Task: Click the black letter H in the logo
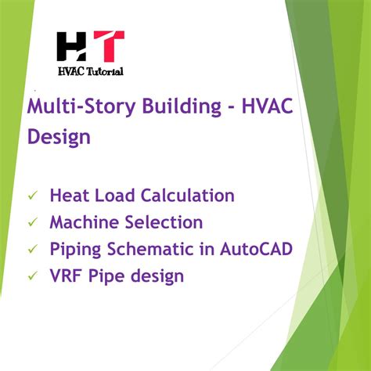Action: pyautogui.click(x=73, y=48)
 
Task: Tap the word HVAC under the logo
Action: pyautogui.click(x=71, y=70)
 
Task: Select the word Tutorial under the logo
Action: pyautogui.click(x=104, y=70)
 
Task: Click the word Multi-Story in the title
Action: pyautogui.click(x=76, y=108)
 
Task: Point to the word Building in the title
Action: pyautogui.click(x=170, y=107)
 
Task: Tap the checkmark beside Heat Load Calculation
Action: pyautogui.click(x=32, y=196)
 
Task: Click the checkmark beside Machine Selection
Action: pyautogui.click(x=32, y=223)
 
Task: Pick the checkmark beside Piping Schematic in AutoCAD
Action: pyautogui.click(x=32, y=250)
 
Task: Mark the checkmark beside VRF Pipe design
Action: pyautogui.click(x=32, y=276)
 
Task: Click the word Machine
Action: pyautogui.click(x=85, y=222)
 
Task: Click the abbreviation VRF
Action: pyautogui.click(x=66, y=276)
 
